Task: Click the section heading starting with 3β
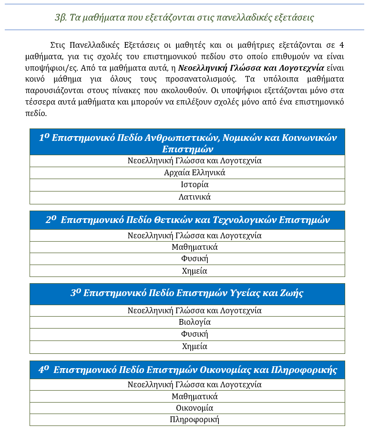(184, 18)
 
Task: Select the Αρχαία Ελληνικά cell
(195, 172)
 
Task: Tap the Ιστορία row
(195, 185)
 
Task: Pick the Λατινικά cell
(195, 197)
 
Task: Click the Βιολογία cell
(195, 322)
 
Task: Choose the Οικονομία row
(195, 408)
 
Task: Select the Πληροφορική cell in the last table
(195, 420)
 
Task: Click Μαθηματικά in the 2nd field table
(195, 247)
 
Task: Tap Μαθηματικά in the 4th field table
(195, 396)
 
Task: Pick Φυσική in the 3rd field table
(195, 334)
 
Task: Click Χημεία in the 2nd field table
(195, 271)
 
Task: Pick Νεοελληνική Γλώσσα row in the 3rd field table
(195, 310)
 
